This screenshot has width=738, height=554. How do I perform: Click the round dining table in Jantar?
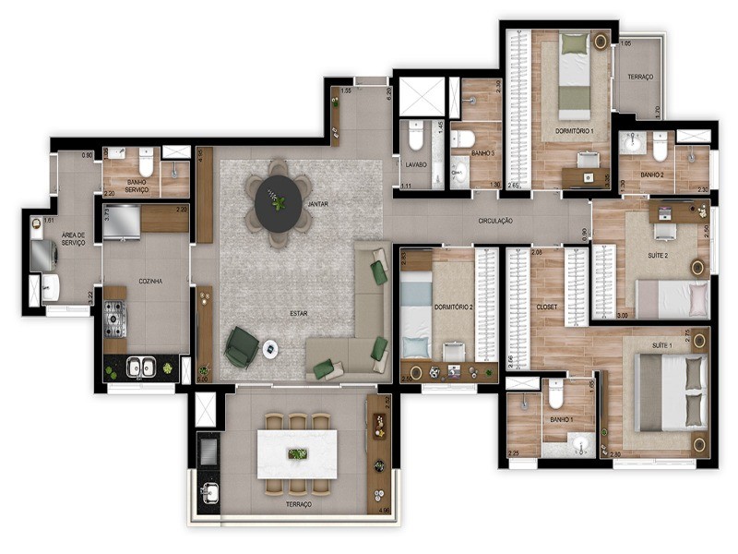(278, 204)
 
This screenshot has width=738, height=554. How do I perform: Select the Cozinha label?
(150, 281)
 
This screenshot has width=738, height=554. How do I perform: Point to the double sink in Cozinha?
(141, 367)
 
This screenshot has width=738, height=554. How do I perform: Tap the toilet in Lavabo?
(414, 139)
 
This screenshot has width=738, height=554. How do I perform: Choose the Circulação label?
(495, 222)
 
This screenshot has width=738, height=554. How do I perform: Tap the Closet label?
(546, 307)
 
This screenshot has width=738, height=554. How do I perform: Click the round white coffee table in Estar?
(271, 348)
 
